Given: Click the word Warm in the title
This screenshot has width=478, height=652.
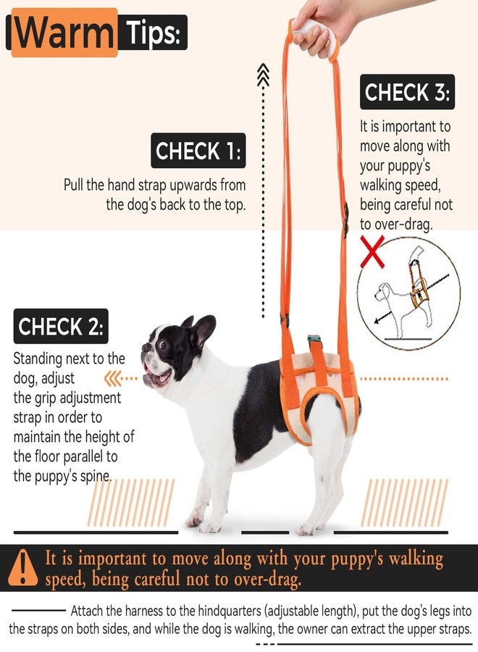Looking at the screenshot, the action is click(64, 33).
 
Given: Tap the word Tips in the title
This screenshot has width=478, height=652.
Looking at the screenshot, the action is click(153, 33).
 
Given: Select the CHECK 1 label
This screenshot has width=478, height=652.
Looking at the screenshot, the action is click(198, 151).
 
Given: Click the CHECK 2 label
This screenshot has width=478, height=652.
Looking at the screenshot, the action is click(61, 326).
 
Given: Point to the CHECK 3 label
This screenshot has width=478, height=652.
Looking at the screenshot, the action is click(407, 92).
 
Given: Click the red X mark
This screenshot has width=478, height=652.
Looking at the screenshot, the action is click(372, 251).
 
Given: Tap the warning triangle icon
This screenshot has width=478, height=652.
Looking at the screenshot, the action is click(23, 567).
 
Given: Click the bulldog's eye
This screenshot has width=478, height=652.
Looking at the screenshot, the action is click(163, 345).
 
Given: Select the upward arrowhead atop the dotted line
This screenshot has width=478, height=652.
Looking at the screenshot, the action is click(263, 75).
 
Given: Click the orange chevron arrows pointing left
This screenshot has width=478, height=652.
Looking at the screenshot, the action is click(112, 379).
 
